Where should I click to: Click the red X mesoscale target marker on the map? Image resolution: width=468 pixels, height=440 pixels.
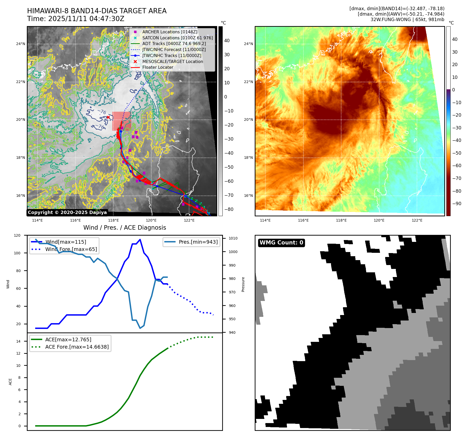pos(108,117)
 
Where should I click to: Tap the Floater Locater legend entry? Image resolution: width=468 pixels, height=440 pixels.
pos(158,67)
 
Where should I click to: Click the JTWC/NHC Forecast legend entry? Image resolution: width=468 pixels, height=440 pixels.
pos(174,49)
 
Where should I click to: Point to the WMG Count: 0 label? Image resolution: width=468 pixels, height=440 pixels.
pos(281,243)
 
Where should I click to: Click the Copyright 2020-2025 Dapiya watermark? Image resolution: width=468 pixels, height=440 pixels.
pos(67,212)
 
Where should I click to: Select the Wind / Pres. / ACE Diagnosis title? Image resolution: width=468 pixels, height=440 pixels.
pos(124,228)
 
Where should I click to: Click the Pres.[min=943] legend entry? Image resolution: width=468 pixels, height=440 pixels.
pos(198,242)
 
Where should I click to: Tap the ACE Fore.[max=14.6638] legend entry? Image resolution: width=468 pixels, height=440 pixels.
pos(77,347)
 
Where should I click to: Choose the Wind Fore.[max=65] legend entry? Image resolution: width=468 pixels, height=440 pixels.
pos(71,249)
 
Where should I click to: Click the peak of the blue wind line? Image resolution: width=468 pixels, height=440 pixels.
pos(140,239)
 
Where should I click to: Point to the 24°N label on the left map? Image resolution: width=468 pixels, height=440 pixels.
pos(21,44)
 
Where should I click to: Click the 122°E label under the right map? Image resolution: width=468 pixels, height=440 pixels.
pos(417,220)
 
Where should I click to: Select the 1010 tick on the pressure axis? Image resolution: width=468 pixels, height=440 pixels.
pos(233,238)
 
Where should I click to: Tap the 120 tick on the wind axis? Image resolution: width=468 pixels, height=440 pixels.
pos(17,235)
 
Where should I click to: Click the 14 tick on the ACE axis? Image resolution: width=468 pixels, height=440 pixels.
pos(18,341)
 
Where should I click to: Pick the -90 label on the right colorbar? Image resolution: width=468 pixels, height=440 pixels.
pos(457,204)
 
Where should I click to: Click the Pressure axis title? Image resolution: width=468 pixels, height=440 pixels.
pos(243,284)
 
